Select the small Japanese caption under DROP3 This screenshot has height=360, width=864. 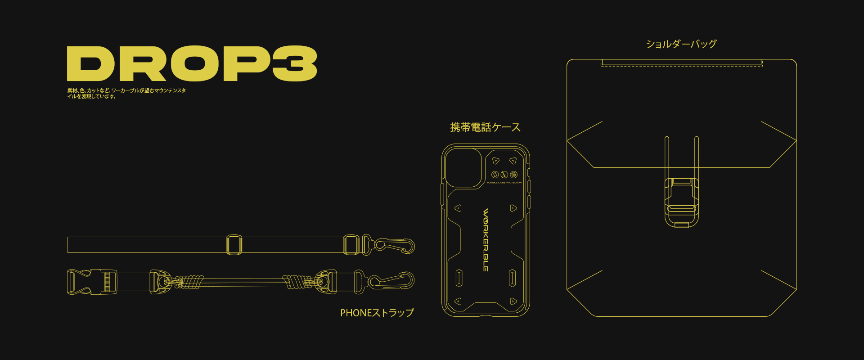tap(126, 93)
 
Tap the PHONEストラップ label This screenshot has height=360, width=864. tap(377, 313)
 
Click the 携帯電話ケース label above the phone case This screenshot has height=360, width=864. tap(485, 127)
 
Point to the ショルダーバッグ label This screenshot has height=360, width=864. tap(681, 44)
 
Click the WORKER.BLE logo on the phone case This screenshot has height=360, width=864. tap(486, 240)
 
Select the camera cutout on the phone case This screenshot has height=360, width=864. tap(463, 168)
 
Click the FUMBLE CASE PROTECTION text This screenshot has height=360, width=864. tap(504, 183)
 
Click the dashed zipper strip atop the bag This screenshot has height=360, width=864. tap(682, 63)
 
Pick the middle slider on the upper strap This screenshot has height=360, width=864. tap(234, 245)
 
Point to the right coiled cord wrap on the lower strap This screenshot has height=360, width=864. tap(297, 282)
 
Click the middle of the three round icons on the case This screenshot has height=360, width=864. tap(504, 175)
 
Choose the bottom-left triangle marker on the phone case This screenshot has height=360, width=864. tap(458, 301)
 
